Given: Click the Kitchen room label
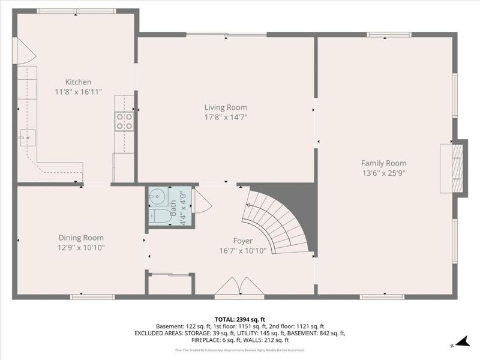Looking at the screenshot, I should pyautogui.click(x=78, y=82).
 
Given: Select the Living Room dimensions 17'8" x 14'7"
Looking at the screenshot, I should pyautogui.click(x=225, y=118).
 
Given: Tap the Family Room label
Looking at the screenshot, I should pyautogui.click(x=383, y=163).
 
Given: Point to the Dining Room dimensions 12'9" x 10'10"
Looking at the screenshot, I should pyautogui.click(x=81, y=247).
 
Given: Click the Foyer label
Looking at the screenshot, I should pyautogui.click(x=242, y=241).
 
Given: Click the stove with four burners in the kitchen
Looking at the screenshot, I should pyautogui.click(x=125, y=122).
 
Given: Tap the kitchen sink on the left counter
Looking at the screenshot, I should pyautogui.click(x=27, y=137).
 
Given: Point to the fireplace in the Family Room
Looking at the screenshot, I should pyautogui.click(x=454, y=169).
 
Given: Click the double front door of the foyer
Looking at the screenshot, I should pyautogui.click(x=239, y=288).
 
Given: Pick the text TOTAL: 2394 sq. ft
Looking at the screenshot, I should pyautogui.click(x=239, y=319).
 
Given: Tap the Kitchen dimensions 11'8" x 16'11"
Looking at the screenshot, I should pyautogui.click(x=78, y=92).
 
